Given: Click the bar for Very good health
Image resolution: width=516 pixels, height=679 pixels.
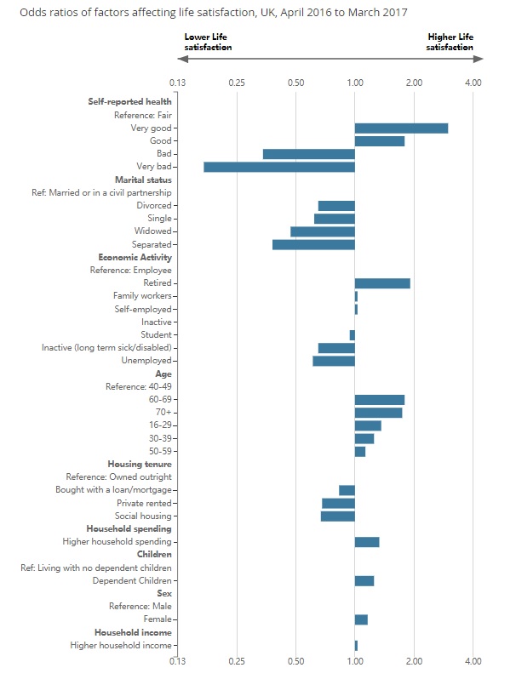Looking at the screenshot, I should click(401, 128).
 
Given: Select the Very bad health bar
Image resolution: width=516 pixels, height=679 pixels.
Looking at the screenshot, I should click(279, 167).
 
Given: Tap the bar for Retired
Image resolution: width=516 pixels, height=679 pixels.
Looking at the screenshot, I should click(382, 283).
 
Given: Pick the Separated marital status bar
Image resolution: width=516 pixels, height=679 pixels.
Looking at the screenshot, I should click(313, 244).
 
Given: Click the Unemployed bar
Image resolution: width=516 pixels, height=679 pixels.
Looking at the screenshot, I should click(334, 361).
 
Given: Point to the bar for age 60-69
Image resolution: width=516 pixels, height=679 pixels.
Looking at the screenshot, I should click(380, 399).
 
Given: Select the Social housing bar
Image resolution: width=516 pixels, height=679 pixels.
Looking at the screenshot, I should click(338, 516).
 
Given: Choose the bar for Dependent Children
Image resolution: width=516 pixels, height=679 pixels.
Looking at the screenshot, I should click(364, 580).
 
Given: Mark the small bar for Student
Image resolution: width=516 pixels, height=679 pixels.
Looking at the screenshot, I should click(352, 335).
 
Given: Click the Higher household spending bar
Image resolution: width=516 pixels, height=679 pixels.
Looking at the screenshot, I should click(367, 542).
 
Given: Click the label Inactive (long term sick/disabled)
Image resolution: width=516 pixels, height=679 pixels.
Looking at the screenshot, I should click(106, 348).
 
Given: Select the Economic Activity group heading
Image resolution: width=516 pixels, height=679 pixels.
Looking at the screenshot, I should click(135, 257).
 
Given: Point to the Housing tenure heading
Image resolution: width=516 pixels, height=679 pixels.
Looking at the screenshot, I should click(140, 464).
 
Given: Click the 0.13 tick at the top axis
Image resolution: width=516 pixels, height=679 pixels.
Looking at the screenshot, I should click(178, 83).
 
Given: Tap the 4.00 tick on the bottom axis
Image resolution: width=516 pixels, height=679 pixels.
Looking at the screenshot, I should click(473, 660).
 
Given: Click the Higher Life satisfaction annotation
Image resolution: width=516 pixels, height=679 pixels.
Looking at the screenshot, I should click(450, 43).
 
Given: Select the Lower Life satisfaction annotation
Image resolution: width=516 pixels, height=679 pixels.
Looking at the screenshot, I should click(209, 43).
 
